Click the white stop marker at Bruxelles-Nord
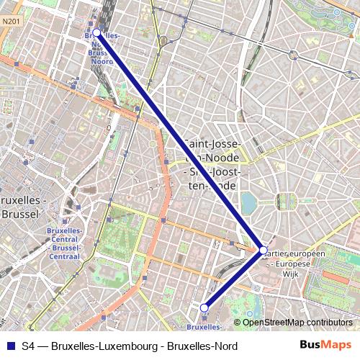tap(96, 32)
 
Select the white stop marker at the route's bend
tap(264, 251)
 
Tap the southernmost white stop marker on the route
tap(204, 307)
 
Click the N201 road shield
tap(10, 22)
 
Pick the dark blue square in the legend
tap(10, 346)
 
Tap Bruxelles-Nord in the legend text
tap(202, 346)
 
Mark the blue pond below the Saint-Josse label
tap(248, 202)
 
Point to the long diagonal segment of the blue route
tap(180, 142)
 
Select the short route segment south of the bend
tap(234, 279)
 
